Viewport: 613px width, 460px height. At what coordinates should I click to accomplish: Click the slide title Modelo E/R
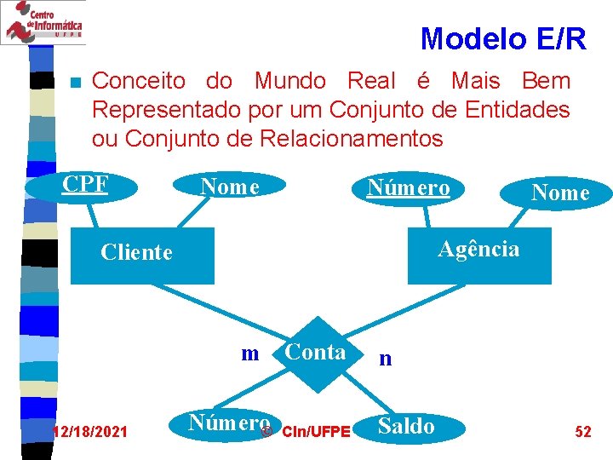(x=503, y=38)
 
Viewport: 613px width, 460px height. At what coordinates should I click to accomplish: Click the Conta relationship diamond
(x=316, y=354)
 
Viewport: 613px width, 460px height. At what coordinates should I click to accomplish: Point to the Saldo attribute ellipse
(x=406, y=426)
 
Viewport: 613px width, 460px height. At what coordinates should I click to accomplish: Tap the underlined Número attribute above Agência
(x=408, y=187)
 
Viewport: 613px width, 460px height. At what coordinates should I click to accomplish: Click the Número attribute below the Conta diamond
(x=228, y=423)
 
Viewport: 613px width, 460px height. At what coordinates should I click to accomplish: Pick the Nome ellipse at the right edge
(x=559, y=193)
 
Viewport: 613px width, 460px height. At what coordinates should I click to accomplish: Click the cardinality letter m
(x=249, y=354)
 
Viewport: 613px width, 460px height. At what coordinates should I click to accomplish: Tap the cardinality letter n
(x=385, y=359)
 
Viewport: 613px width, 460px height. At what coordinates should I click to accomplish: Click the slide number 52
(x=583, y=432)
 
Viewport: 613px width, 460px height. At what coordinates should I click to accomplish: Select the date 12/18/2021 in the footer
(x=90, y=433)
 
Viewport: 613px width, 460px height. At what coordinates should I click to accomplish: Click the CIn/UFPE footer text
(x=315, y=433)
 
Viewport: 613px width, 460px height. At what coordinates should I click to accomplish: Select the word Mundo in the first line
(x=289, y=82)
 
